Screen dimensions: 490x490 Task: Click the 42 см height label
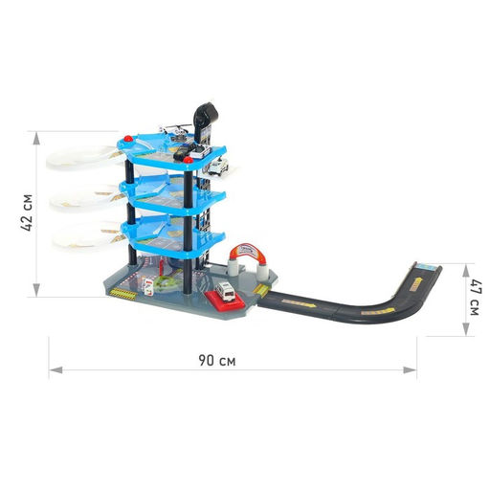(26, 212)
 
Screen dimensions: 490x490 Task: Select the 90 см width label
(217, 361)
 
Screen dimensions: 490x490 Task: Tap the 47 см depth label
(475, 298)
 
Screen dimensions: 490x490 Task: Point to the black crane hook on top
(206, 116)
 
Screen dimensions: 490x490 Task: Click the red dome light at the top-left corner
(128, 139)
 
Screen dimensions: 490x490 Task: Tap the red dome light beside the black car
(189, 160)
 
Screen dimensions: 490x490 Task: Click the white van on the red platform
(226, 291)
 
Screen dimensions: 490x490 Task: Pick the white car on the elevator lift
(218, 167)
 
